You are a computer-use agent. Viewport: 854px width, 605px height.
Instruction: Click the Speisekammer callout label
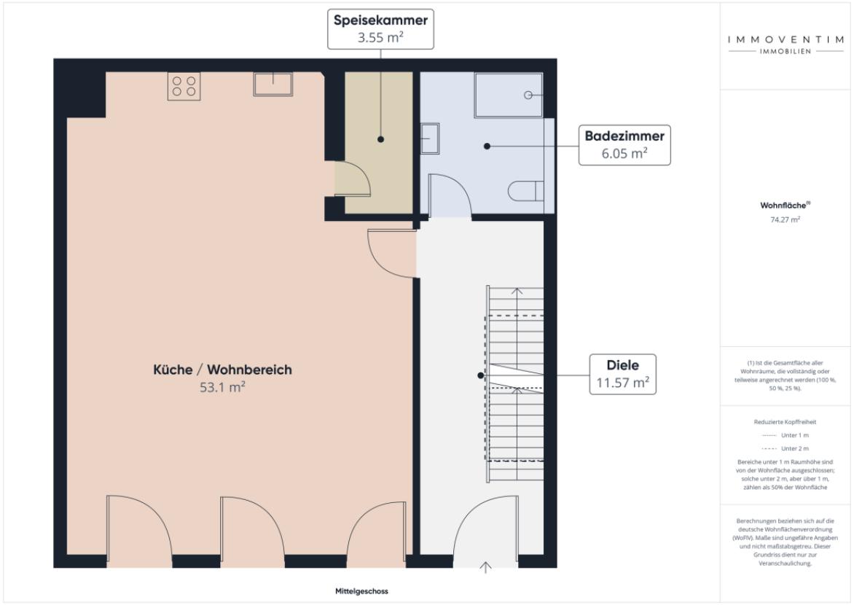(x=380, y=28)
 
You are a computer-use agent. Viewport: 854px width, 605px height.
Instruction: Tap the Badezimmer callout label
(x=624, y=144)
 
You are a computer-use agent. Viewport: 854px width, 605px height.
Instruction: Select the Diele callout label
(x=622, y=374)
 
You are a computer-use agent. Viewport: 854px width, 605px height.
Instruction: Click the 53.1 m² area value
(x=222, y=387)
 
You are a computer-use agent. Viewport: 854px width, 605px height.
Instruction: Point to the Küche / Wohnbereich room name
(x=222, y=370)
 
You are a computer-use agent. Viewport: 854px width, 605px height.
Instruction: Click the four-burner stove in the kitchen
(x=184, y=86)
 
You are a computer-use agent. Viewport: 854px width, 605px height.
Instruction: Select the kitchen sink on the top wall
(x=273, y=85)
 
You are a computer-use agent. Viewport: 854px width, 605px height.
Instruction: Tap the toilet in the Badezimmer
(x=527, y=191)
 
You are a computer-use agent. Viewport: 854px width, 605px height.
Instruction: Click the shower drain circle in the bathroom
(x=528, y=95)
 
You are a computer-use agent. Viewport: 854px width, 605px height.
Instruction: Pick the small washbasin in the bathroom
(x=429, y=137)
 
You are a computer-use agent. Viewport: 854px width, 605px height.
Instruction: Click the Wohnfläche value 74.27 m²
(x=785, y=219)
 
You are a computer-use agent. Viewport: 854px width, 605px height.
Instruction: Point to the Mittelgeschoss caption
(x=356, y=591)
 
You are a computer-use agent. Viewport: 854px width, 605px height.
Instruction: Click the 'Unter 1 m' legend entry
(x=785, y=435)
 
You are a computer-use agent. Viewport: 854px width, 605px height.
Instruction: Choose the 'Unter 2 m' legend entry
(x=785, y=448)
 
